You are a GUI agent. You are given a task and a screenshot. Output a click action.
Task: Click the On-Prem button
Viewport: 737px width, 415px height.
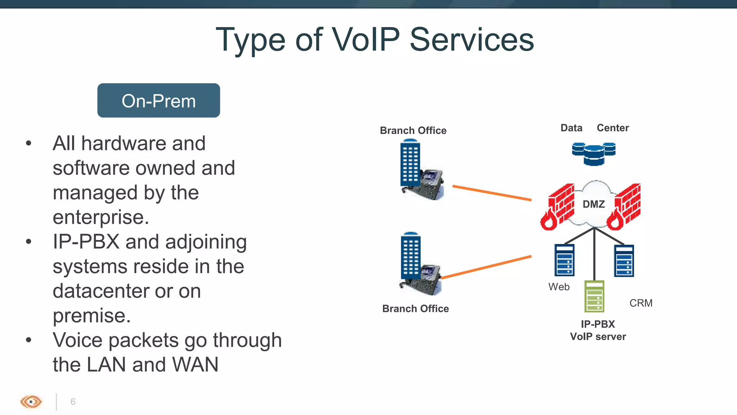158,101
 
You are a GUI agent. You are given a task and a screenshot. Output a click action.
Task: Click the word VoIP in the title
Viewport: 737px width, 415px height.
365,40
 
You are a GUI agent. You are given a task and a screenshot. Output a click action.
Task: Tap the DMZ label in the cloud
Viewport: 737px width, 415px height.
593,204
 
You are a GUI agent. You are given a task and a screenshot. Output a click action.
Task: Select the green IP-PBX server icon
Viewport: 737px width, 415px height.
594,296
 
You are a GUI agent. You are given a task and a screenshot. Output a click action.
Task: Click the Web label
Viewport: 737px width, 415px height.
559,287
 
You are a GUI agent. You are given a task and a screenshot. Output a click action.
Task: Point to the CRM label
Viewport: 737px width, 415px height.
641,303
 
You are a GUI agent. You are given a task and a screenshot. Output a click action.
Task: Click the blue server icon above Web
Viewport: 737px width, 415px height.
564,260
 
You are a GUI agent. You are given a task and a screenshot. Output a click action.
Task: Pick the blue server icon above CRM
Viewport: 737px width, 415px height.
624,261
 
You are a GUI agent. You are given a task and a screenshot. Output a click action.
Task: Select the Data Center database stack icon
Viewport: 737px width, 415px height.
594,153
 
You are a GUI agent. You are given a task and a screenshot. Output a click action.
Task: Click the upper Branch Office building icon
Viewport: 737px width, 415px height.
411,164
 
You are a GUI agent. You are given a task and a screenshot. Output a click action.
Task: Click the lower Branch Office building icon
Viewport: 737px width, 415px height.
411,256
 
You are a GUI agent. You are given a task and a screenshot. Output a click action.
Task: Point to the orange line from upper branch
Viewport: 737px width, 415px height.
492,193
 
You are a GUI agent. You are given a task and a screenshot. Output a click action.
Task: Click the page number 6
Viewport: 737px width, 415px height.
73,402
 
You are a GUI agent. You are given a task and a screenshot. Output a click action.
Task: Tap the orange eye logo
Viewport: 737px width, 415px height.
31,402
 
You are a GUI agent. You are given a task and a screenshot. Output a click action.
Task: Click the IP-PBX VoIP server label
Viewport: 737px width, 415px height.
598,330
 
